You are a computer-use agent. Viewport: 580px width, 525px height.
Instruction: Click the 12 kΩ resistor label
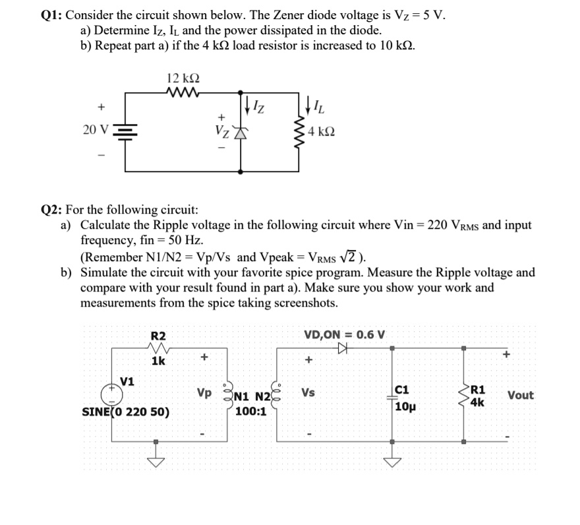183,77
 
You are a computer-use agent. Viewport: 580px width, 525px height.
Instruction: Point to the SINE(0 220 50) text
125,413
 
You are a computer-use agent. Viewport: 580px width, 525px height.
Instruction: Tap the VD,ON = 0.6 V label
345,334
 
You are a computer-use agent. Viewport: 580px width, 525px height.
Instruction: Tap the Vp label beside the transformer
204,392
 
